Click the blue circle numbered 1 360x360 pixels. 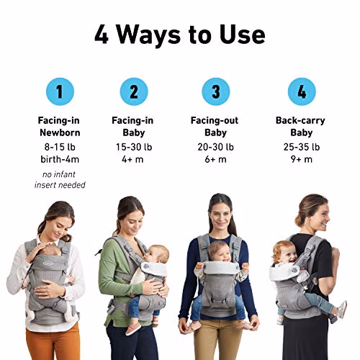click(60, 91)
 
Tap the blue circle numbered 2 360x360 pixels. click(134, 91)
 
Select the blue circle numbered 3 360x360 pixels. click(216, 91)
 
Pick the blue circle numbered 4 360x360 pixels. click(302, 91)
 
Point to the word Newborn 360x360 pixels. click(60, 132)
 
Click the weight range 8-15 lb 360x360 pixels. click(60, 147)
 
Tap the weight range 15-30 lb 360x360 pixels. click(134, 147)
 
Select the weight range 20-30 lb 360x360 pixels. click(215, 147)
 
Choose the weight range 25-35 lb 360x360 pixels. click(302, 147)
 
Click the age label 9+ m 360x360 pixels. click(302, 159)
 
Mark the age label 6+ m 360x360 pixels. click(215, 159)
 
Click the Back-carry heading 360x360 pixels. click(300, 120)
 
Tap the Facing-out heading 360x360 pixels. click(215, 120)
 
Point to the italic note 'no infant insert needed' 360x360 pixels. click(60, 179)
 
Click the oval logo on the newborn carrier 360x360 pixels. click(48, 264)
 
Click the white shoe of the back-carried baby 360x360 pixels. click(342, 310)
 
